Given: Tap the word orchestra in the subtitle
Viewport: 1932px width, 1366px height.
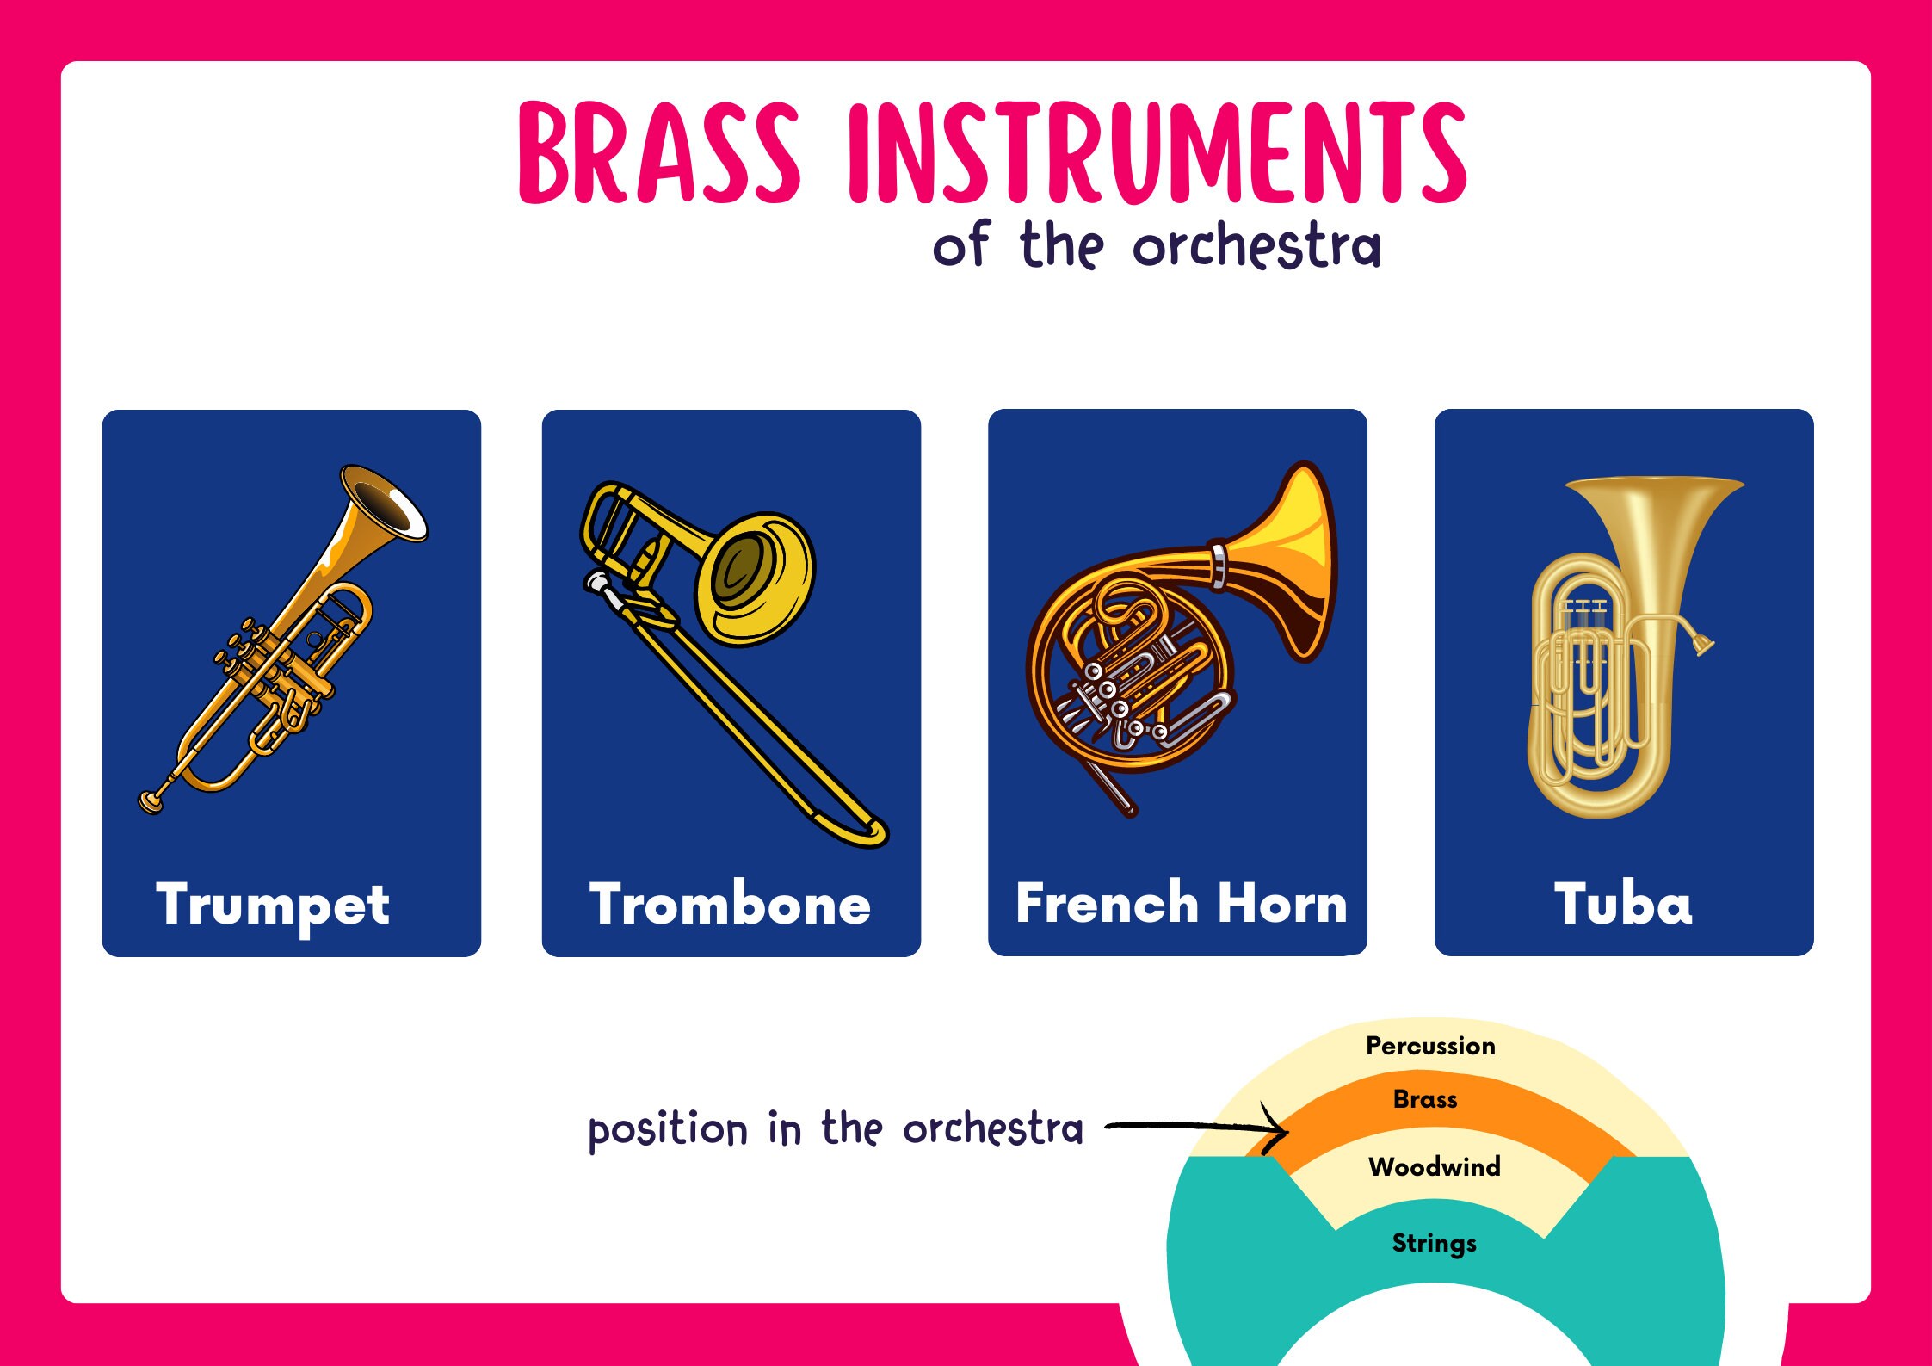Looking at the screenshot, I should (x=1256, y=247).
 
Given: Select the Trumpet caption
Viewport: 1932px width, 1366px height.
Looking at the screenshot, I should (x=273, y=906).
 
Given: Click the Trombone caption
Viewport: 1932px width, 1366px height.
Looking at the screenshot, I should (x=730, y=906).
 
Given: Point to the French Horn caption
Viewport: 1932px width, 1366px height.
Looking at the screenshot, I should (x=1181, y=904).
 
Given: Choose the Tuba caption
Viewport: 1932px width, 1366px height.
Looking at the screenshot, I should (x=1623, y=904).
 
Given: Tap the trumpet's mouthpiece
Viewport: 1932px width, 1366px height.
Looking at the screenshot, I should (x=151, y=801).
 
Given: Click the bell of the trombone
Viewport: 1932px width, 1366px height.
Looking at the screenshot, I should (x=753, y=577).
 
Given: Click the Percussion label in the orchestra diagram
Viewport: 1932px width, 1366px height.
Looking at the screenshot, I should (x=1430, y=1046).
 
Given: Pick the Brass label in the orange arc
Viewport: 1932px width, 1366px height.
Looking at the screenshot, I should (x=1425, y=1099).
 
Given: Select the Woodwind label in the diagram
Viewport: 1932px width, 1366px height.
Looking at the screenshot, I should (x=1434, y=1166).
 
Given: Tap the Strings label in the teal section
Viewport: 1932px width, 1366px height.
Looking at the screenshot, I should (x=1434, y=1243).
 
